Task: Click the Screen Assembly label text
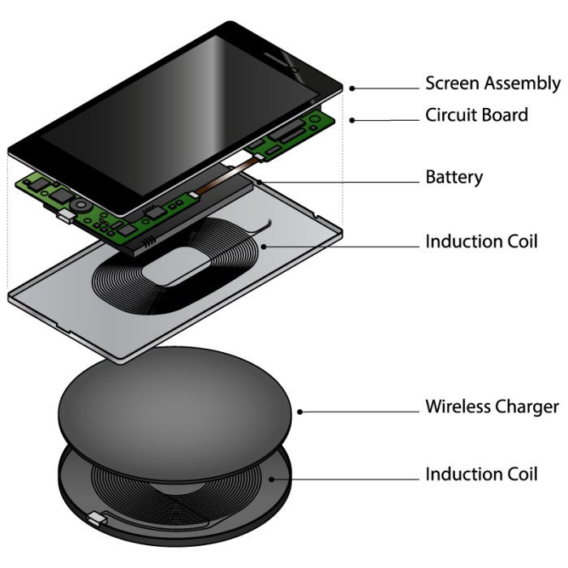tap(493, 83)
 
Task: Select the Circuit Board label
tap(476, 115)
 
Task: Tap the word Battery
tap(454, 177)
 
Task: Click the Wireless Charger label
tap(492, 407)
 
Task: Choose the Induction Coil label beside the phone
tap(481, 242)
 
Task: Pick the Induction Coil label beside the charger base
tap(481, 474)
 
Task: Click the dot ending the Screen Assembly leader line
tap(353, 88)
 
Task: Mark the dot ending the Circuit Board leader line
tap(353, 120)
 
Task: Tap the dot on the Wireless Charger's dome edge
tap(300, 411)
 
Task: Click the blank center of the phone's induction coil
tap(183, 276)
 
